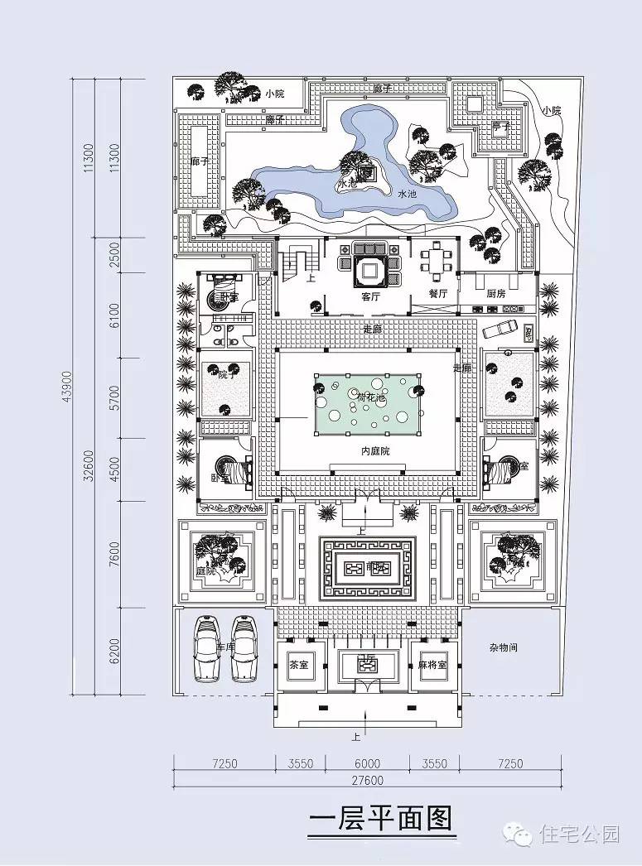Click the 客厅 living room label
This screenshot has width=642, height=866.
pos(371,296)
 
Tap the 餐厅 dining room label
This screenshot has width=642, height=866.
pos(437,294)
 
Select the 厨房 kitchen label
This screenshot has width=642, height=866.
pos(496,294)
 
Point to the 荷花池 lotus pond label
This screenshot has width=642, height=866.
pos(371,398)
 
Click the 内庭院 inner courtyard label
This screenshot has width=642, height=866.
pos(375,450)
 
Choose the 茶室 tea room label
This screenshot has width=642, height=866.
pos(298,665)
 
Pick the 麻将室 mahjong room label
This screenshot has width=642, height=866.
pos(432,665)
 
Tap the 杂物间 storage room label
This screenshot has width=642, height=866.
pos(503,647)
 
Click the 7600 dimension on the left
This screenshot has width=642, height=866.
pos(114,552)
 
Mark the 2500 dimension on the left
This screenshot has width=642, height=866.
pos(114,256)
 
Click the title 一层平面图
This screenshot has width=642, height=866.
pos(380,820)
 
